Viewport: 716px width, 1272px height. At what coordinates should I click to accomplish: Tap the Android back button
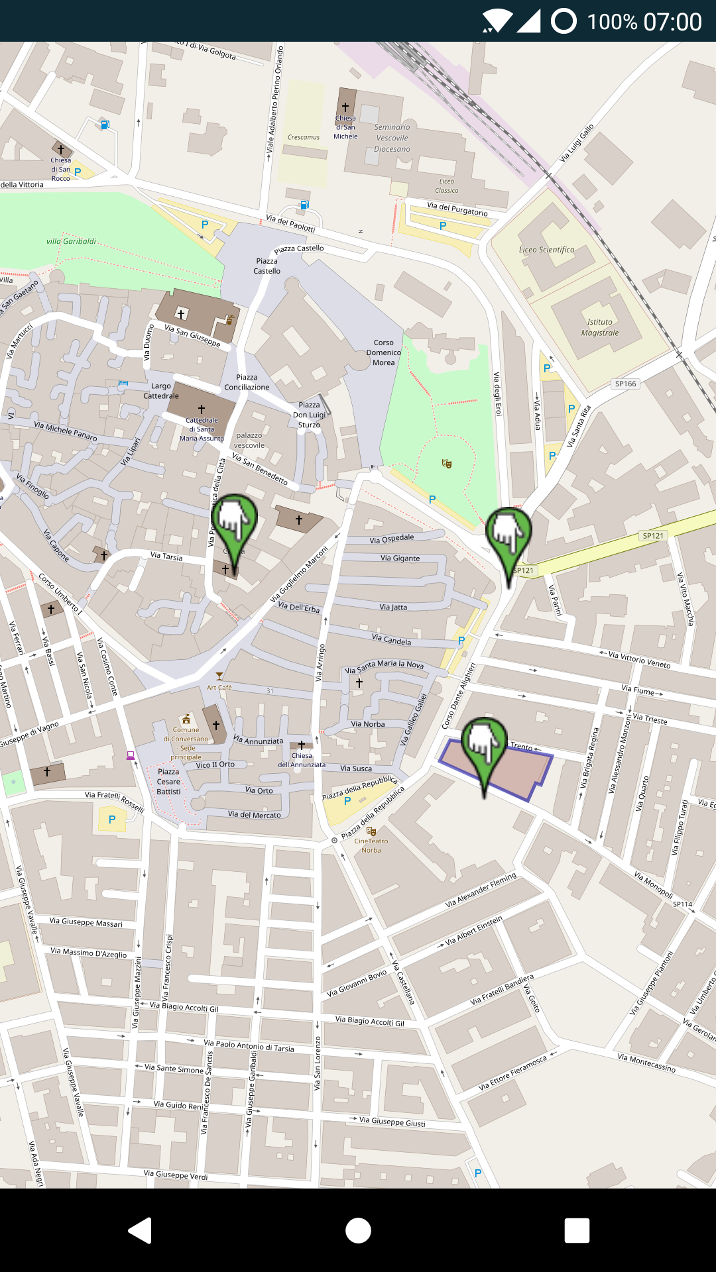coord(141,1230)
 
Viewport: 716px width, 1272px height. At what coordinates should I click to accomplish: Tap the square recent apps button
coord(577,1230)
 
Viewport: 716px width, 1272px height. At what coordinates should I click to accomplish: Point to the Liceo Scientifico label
coord(546,250)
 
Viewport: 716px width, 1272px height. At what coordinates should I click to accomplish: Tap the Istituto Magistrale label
coord(600,327)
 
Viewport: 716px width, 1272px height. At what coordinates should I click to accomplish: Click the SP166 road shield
coord(625,384)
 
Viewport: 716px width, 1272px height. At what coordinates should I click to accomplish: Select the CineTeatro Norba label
coord(371,845)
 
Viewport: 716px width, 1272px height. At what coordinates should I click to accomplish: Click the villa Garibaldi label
coord(71,241)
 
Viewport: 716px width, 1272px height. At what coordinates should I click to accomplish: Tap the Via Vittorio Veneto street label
coord(639,659)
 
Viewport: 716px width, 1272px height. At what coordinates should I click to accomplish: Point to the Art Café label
coord(219,687)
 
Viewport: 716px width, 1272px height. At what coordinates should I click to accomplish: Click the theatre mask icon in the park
coord(447,463)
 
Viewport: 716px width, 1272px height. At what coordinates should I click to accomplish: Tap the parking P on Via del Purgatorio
coord(443,226)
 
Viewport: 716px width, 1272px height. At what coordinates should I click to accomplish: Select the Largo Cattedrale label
coord(161,391)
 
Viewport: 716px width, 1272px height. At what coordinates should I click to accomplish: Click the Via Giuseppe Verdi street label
coord(176,1175)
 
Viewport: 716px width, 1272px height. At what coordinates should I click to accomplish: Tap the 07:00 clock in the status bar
coord(673,22)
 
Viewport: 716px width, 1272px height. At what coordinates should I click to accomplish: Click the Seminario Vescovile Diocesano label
coord(392,138)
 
